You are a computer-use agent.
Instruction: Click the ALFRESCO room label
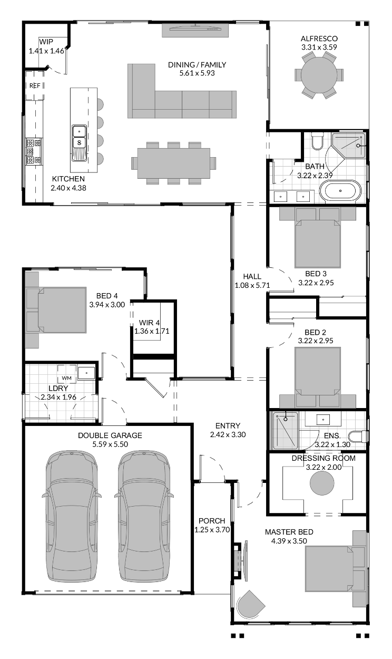coord(319,38)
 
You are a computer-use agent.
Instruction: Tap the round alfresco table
coord(319,75)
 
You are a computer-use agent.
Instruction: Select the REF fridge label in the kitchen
coord(35,85)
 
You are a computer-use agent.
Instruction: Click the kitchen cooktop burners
coord(34,152)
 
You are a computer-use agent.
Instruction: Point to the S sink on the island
coord(80,143)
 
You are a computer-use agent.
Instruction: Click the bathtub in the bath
coord(340,191)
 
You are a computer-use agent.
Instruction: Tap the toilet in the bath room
coord(317,142)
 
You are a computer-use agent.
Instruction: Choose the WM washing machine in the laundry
coord(67,378)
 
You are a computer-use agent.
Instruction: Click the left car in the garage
coord(72,517)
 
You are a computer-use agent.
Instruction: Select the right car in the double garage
coord(144,517)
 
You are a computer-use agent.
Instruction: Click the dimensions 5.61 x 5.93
coord(197,73)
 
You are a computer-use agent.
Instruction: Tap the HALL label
coord(252,277)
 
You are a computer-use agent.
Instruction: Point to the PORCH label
coord(212,521)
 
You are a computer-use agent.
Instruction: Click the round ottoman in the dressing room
coord(322,483)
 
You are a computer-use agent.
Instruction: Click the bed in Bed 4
coord(56,310)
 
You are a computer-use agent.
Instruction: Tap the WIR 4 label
coord(150,323)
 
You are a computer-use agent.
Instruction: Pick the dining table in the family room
coord(173,163)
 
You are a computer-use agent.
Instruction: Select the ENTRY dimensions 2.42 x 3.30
coord(228,434)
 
